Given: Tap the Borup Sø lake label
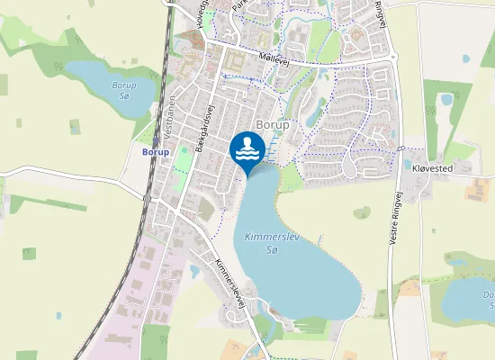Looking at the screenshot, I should (x=123, y=90).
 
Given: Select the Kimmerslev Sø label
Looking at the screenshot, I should (x=266, y=245).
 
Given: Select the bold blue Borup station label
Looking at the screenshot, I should (x=156, y=151).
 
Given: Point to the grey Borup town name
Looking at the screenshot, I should (x=273, y=124).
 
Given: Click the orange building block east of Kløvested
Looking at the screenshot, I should (x=477, y=188).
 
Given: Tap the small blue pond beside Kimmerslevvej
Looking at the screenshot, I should (x=195, y=269).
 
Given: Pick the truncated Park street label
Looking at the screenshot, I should (x=238, y=6).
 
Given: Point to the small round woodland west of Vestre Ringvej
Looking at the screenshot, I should (x=363, y=213).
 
